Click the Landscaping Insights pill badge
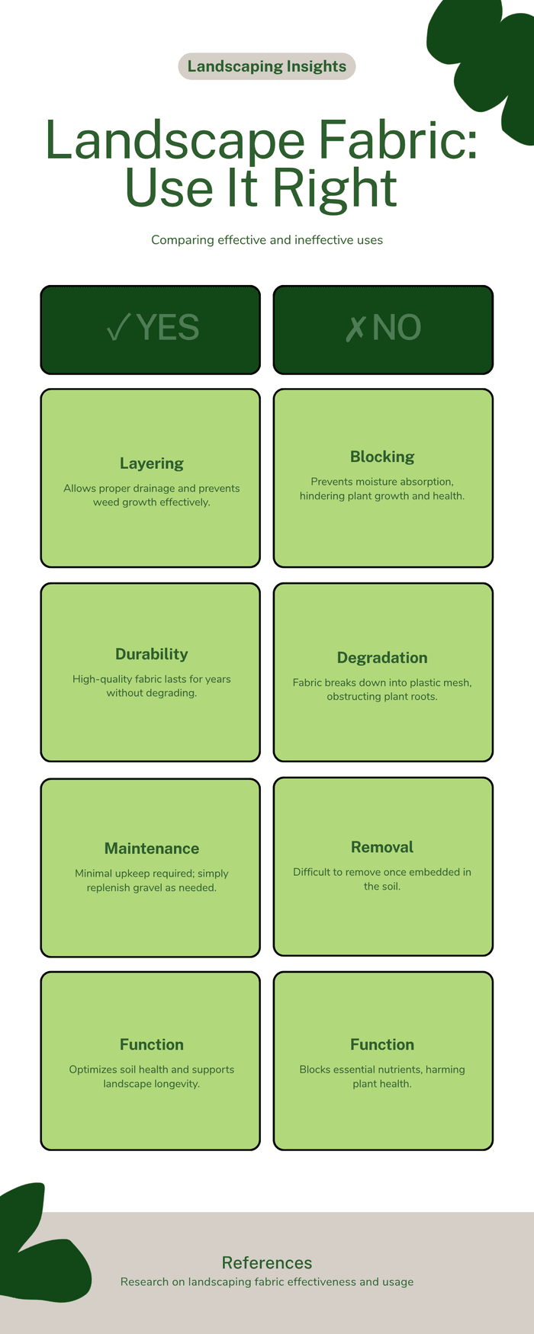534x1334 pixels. click(267, 66)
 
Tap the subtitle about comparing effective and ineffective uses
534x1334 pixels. click(267, 240)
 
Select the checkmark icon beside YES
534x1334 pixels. click(119, 328)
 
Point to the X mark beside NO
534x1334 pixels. click(355, 328)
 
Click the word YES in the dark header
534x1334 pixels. click(168, 328)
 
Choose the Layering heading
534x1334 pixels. click(152, 463)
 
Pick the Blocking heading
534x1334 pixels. click(382, 457)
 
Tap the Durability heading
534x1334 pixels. click(152, 654)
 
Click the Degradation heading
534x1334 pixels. click(382, 658)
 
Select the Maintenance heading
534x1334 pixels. click(152, 848)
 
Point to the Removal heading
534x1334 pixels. click(382, 847)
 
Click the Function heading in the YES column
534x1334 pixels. click(152, 1044)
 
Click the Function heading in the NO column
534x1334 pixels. click(382, 1044)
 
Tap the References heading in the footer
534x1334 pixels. click(267, 1262)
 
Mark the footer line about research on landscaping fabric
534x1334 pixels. click(267, 1282)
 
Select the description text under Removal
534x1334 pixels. click(382, 879)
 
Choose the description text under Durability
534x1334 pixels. click(152, 686)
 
